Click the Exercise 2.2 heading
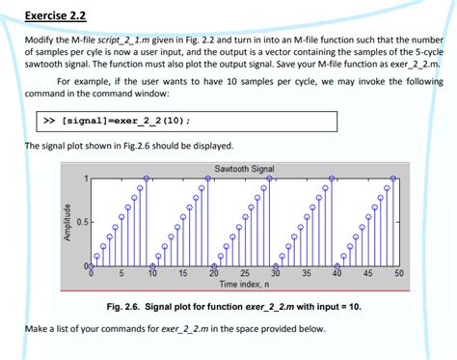coord(55,14)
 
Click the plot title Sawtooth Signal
coord(244,169)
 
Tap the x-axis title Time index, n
coord(244,285)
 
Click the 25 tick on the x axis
coord(244,275)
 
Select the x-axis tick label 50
coord(398,275)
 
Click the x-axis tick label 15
coord(182,275)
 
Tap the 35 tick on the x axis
coord(306,275)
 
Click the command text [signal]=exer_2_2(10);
coord(125,122)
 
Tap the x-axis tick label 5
coord(121,275)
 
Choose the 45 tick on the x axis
coord(367,275)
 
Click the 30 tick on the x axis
coord(275,275)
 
